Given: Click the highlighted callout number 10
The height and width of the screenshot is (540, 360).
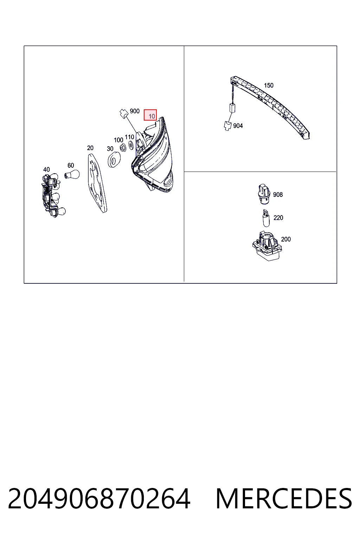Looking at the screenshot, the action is [x=152, y=116].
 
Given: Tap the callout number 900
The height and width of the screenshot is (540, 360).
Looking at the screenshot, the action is [x=135, y=111].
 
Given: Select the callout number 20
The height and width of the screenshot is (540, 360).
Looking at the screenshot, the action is [x=90, y=148].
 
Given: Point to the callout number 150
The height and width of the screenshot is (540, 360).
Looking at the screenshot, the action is [x=269, y=85].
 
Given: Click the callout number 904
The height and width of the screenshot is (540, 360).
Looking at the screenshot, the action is [x=238, y=126].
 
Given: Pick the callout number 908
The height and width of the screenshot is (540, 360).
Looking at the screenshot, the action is [x=278, y=194].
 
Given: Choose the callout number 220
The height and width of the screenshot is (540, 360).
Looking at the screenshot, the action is [x=278, y=218].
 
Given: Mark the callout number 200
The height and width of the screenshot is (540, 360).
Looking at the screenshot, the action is [x=286, y=239].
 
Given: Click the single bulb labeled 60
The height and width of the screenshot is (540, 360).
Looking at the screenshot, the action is [x=72, y=174].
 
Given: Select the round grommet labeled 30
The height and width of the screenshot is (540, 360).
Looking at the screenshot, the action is [x=114, y=159].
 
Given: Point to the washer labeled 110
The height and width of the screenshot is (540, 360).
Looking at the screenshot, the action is [x=131, y=145].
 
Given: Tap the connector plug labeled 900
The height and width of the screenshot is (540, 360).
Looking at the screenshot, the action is [x=124, y=114].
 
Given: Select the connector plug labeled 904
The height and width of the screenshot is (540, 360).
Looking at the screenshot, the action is [x=227, y=126].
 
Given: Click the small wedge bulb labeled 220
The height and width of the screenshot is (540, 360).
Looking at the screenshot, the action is [x=266, y=218].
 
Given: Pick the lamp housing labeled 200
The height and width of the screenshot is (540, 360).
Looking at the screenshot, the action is [x=267, y=246].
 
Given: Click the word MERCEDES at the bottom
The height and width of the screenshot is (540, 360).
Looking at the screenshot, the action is [x=284, y=499].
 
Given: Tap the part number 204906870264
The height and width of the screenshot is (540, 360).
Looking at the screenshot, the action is [x=99, y=499].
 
